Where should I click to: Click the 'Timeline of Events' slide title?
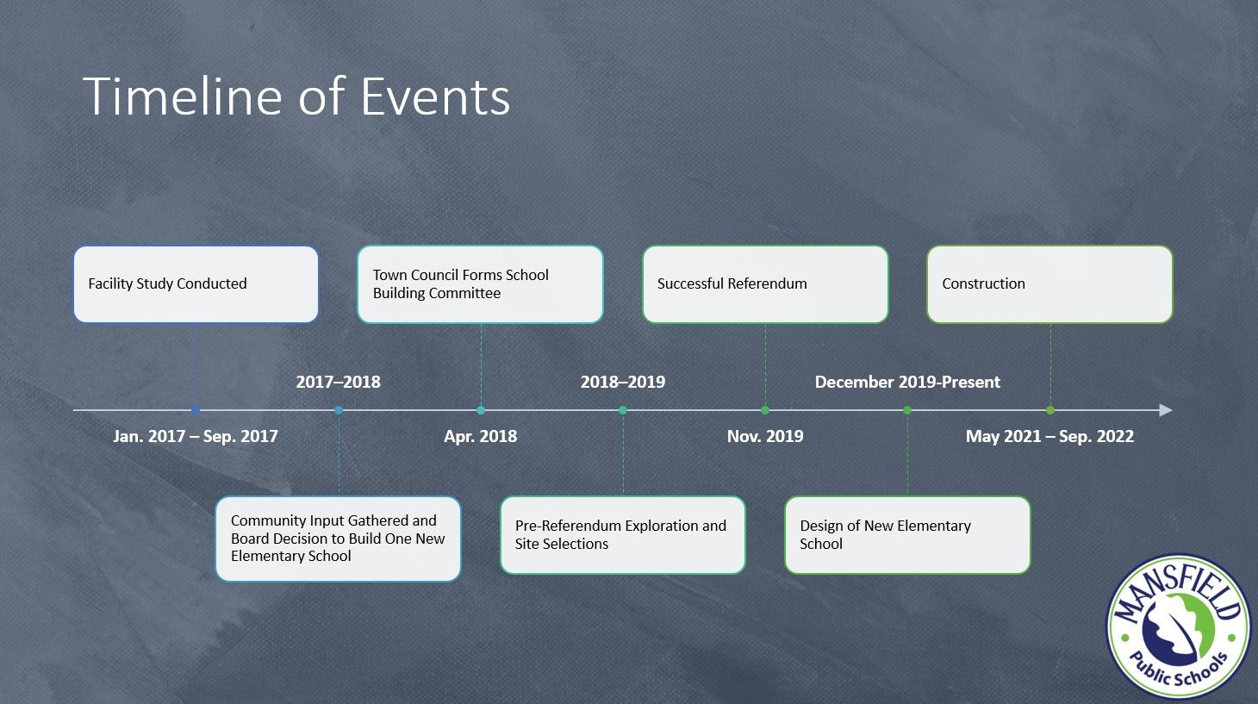296,96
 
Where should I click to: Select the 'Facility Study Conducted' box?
196,284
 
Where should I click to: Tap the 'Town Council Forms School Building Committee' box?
480,284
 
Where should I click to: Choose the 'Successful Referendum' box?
765,284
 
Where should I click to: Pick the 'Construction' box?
1049,284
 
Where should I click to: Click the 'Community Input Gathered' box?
338,539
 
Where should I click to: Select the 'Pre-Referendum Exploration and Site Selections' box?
622,535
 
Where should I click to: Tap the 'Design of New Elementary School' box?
907,535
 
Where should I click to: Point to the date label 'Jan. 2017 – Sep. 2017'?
196,436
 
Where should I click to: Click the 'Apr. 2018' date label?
480,436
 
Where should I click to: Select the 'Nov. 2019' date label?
765,436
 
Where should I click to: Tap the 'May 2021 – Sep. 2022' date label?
1049,436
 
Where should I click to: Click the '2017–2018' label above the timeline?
338,382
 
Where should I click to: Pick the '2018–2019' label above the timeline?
623,382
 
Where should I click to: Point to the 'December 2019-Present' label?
907,382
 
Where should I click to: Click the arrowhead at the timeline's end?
1165,410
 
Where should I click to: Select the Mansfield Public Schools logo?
1178,627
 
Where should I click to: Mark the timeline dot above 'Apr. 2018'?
481,410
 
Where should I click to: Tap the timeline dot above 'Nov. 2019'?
765,410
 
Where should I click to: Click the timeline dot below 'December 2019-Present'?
907,410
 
